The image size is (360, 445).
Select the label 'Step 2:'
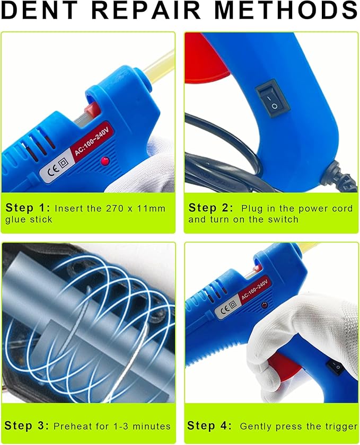(210, 208)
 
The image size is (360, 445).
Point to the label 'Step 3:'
(27, 425)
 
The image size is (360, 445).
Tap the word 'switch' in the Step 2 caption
(284, 219)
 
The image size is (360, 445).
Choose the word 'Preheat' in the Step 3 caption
(73, 426)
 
